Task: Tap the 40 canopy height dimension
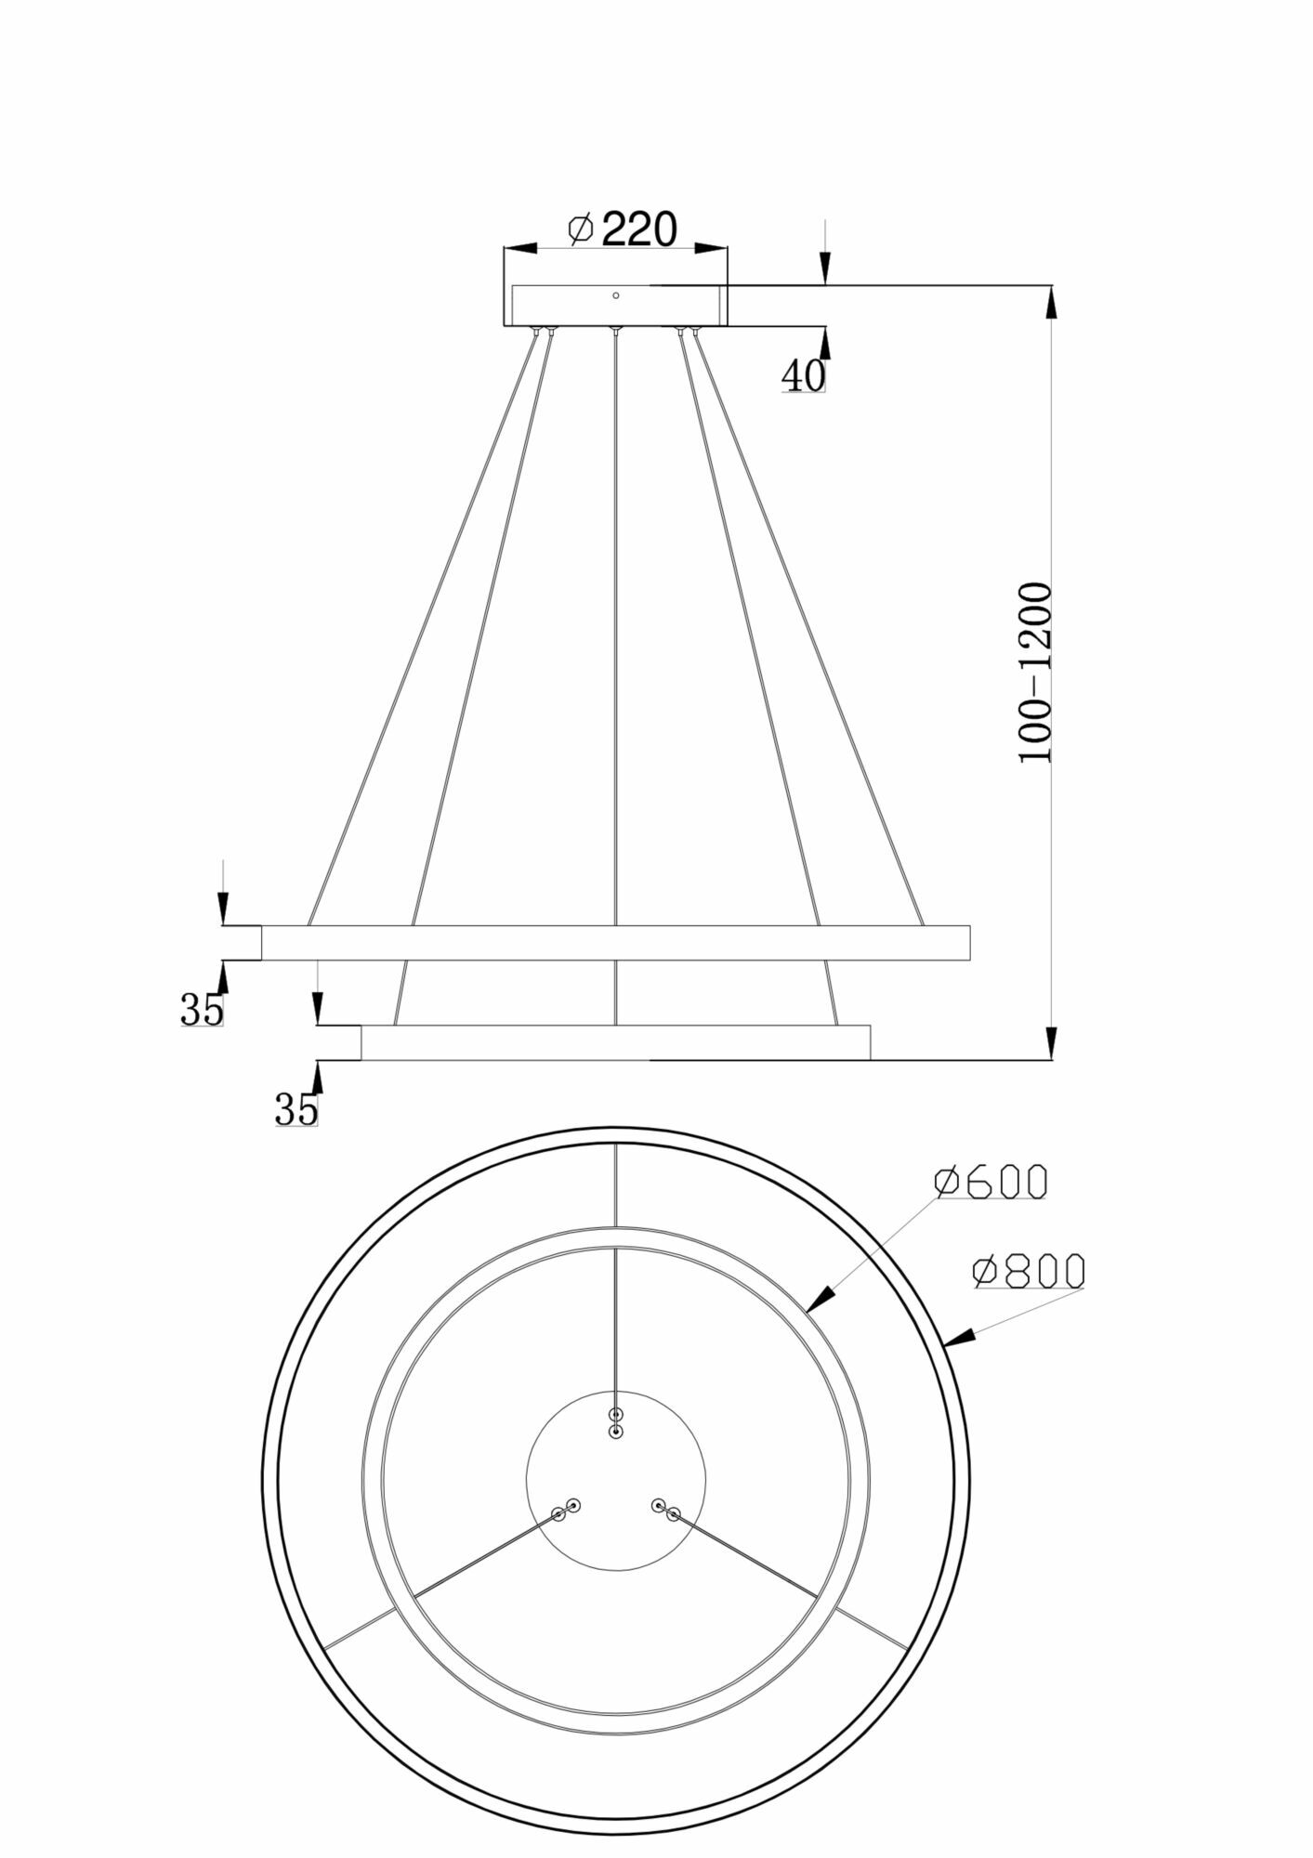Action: coord(803,376)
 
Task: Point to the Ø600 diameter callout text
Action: coord(991,1182)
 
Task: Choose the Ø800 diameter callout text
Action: coord(1028,1271)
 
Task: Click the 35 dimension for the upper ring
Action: coord(203,1010)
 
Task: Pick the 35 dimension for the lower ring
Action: coord(296,1109)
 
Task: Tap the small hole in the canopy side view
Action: coord(615,295)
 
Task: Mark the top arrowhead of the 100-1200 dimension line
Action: coord(1051,302)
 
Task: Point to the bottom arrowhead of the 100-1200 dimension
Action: coord(1051,1043)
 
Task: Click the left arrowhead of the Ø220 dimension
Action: coord(520,248)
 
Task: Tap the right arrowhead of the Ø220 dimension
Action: coord(711,248)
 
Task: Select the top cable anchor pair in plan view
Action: coord(615,1449)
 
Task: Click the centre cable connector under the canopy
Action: coord(614,331)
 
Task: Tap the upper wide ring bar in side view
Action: coord(615,942)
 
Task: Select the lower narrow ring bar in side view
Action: coord(615,1042)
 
